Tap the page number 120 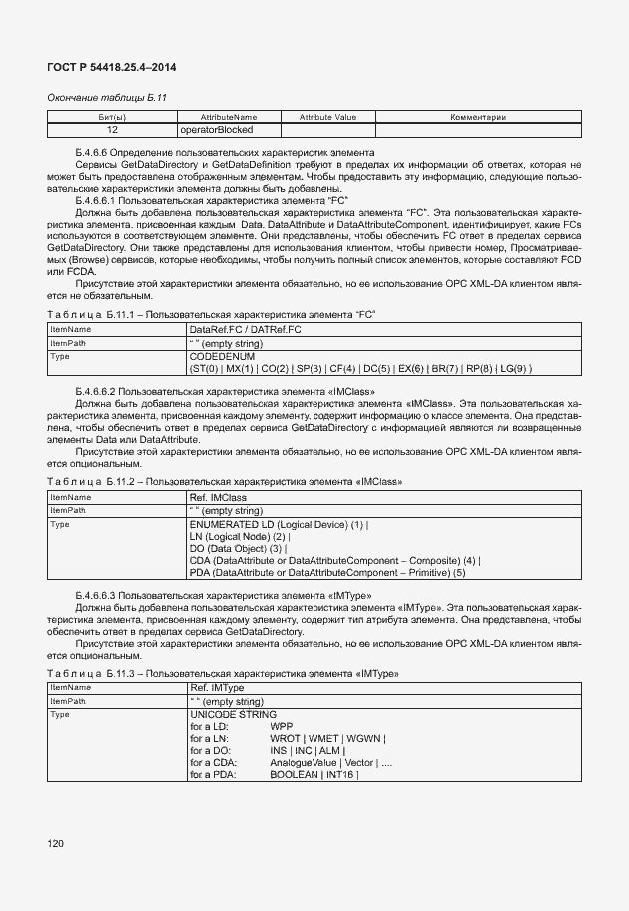tap(55, 844)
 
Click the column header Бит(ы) tap(111, 118)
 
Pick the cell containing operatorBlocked tap(216, 130)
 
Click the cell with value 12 tap(111, 130)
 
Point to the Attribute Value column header tap(327, 118)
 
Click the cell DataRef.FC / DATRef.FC tap(245, 328)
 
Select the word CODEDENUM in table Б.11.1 tap(221, 356)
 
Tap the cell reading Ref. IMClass tap(218, 496)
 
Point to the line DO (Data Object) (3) tap(237, 548)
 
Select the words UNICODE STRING tap(233, 715)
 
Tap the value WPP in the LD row tap(281, 727)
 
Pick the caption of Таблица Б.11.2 tap(226, 481)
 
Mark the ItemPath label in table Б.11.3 tap(69, 701)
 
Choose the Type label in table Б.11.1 tap(60, 356)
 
